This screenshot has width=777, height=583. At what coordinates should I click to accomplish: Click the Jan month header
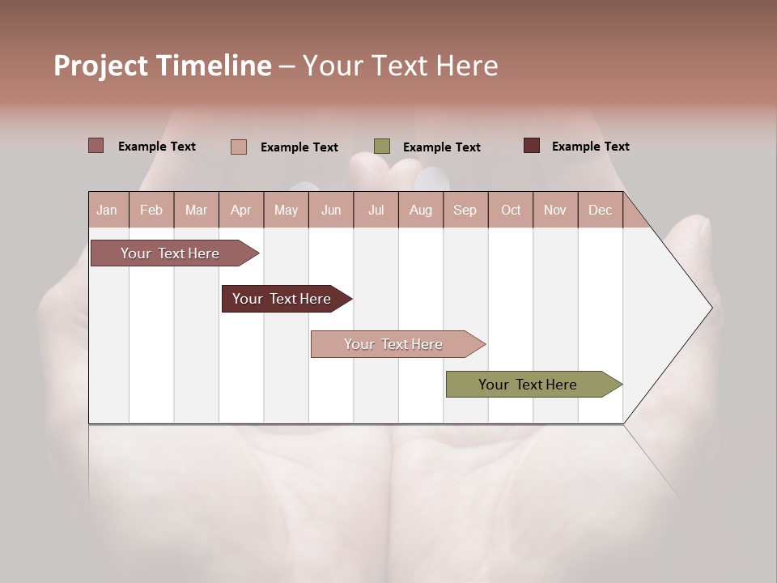(x=108, y=210)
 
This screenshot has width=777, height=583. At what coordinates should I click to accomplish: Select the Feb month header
(x=151, y=210)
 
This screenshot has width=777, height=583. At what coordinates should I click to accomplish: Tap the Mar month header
(x=196, y=210)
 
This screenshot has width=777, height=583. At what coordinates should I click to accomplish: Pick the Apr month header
(x=241, y=210)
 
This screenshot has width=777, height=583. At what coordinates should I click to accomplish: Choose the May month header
(x=286, y=210)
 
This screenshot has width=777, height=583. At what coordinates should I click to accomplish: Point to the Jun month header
(x=331, y=210)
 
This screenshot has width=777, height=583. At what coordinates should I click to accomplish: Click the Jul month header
(x=376, y=210)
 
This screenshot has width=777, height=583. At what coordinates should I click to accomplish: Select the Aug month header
(x=421, y=210)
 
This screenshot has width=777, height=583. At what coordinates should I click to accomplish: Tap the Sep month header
(x=465, y=210)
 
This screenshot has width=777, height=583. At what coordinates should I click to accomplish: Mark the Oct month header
(x=511, y=210)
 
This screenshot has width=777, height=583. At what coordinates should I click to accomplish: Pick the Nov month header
(x=555, y=210)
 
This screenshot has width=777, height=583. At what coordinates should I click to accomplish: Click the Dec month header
(x=601, y=210)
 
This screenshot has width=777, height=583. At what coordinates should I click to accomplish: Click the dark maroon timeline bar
(x=283, y=299)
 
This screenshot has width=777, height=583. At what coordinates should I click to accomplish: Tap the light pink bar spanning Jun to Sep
(x=395, y=344)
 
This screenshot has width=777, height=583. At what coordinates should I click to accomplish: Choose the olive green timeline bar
(x=530, y=385)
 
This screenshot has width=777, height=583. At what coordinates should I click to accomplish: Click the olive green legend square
(x=382, y=147)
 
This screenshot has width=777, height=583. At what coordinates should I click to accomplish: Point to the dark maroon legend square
(x=532, y=146)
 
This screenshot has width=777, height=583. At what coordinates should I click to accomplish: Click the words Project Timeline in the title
(x=163, y=66)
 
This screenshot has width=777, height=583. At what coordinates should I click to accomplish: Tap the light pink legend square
(x=239, y=147)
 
